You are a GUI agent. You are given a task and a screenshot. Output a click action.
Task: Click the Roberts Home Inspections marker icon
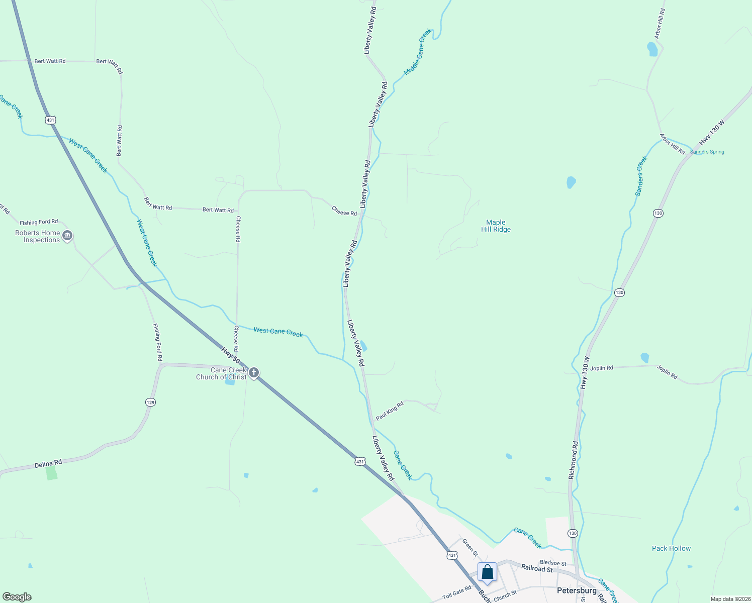point(67,236)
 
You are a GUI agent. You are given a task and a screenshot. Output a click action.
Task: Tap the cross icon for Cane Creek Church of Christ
point(254,373)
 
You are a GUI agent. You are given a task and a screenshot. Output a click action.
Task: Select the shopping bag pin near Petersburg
point(487,572)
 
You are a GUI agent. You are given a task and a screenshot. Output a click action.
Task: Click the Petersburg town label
point(577,590)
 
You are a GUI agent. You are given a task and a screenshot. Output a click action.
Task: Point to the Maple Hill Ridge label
point(496,226)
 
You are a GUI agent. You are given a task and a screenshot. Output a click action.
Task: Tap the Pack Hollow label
point(671,548)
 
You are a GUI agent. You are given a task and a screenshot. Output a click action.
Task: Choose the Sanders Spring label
point(707,152)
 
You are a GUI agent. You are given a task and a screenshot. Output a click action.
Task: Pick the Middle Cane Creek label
point(418,52)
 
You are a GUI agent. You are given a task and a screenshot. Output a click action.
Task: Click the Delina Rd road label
point(48,464)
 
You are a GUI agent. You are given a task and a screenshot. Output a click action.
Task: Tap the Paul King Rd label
point(390,411)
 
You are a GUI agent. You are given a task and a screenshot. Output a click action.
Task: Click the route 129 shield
point(151,402)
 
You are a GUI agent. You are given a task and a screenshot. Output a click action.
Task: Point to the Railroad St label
point(537,568)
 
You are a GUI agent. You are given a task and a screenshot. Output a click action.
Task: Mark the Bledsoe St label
point(553,563)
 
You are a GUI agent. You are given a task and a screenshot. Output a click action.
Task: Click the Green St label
point(471,547)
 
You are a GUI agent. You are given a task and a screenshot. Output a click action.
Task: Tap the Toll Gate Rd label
point(457,592)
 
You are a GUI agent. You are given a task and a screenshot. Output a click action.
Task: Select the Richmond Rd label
point(573,460)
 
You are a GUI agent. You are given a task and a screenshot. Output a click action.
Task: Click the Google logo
point(17,596)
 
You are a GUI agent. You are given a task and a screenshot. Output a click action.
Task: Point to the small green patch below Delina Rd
point(51,473)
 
